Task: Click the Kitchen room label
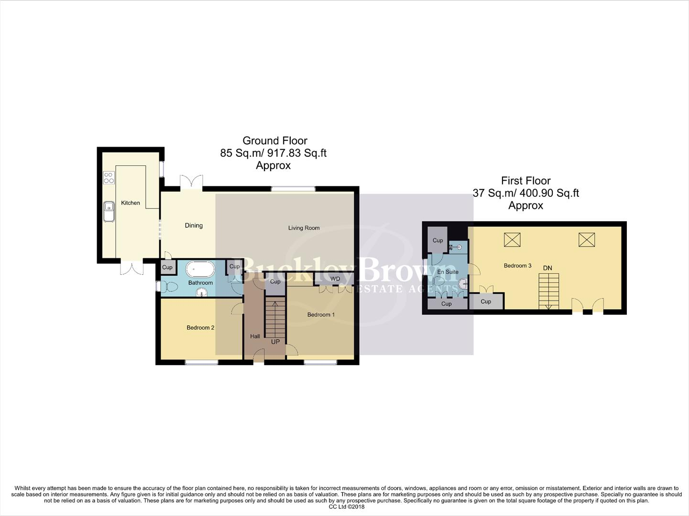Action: [x=130, y=203]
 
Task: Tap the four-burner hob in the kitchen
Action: [x=109, y=178]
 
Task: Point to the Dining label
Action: [x=194, y=226]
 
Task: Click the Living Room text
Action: [x=304, y=228]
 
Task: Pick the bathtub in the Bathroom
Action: [x=200, y=269]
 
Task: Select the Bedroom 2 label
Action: [x=200, y=328]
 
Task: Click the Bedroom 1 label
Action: [x=321, y=315]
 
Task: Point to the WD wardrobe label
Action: [x=335, y=279]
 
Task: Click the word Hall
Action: [x=255, y=336]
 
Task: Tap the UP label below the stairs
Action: [x=275, y=342]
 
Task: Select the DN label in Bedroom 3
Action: [x=547, y=268]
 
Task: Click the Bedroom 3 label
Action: [x=517, y=266]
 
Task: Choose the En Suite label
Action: [x=448, y=272]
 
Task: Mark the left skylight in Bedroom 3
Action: [x=512, y=239]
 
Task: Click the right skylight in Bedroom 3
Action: [x=587, y=239]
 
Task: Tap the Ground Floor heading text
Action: [x=274, y=141]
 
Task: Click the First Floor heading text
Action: [x=525, y=181]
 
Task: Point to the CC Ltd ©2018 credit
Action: [x=346, y=507]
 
